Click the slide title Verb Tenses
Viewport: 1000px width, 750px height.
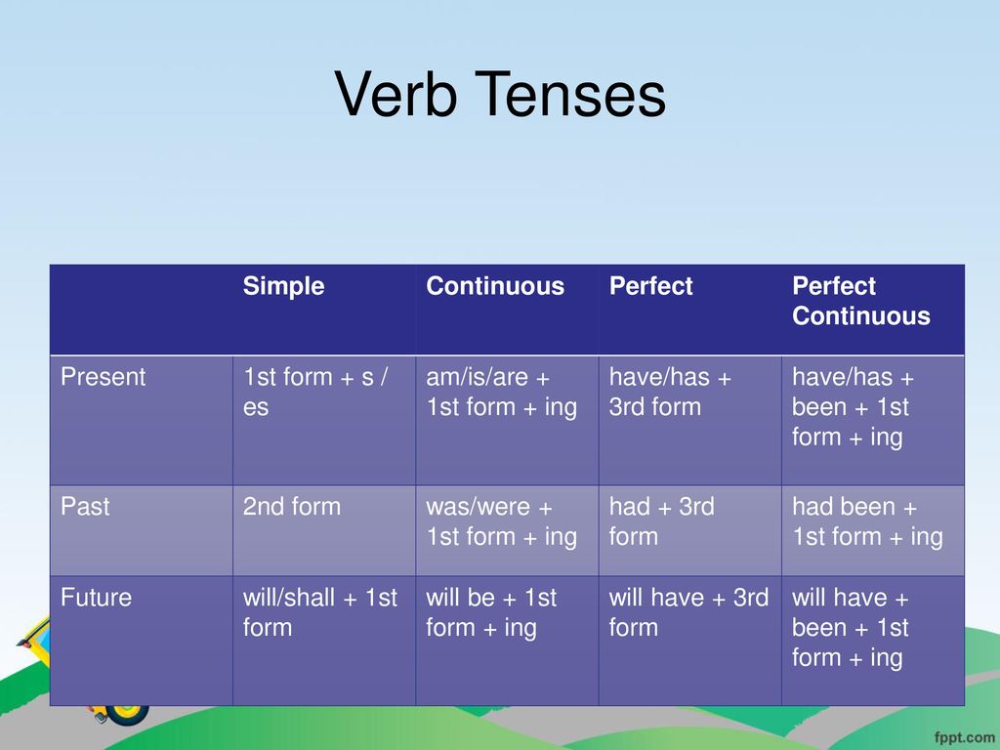pyautogui.click(x=500, y=95)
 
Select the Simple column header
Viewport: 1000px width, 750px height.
pyautogui.click(x=283, y=286)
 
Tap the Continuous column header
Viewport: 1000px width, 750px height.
pyautogui.click(x=495, y=286)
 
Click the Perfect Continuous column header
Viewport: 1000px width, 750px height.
pyautogui.click(x=861, y=301)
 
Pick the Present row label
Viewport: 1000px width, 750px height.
pyautogui.click(x=104, y=377)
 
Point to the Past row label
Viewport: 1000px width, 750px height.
pyautogui.click(x=85, y=507)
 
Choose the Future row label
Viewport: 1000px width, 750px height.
pyautogui.click(x=97, y=598)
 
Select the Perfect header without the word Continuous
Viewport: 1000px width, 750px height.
pyautogui.click(x=650, y=286)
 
